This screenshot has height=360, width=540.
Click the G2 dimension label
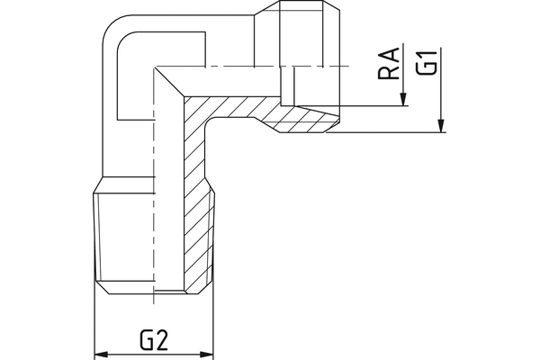point(155,340)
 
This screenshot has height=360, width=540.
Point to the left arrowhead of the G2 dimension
point(102,354)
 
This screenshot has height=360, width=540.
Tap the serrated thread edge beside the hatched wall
point(213,238)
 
